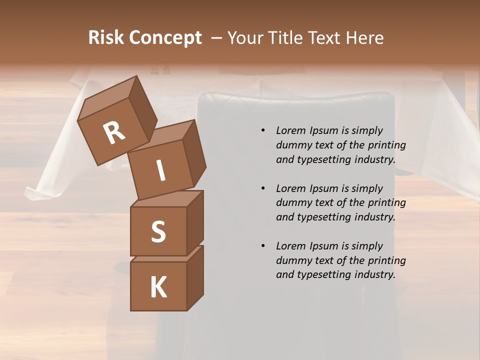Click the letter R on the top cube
click(x=114, y=133)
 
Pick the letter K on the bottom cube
click(x=158, y=287)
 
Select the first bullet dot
click(x=263, y=130)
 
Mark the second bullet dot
click(x=263, y=188)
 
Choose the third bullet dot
click(x=263, y=246)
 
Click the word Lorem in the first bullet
click(x=290, y=130)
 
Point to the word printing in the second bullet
click(x=386, y=203)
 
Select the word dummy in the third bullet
click(x=292, y=260)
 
